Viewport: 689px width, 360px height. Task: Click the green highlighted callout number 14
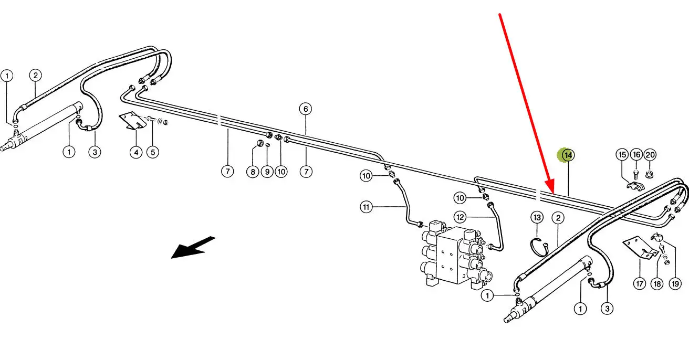point(568,155)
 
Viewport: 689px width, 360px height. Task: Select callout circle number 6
point(306,109)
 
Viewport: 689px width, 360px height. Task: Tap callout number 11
point(366,207)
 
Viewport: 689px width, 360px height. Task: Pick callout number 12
point(460,216)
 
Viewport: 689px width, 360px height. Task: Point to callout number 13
point(537,217)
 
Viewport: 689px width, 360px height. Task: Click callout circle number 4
point(136,152)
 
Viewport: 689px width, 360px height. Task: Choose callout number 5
point(152,152)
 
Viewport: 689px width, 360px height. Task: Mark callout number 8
point(253,171)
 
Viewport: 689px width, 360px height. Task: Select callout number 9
point(267,171)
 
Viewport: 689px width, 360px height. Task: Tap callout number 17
point(639,284)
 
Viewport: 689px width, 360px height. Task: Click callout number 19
point(675,284)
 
